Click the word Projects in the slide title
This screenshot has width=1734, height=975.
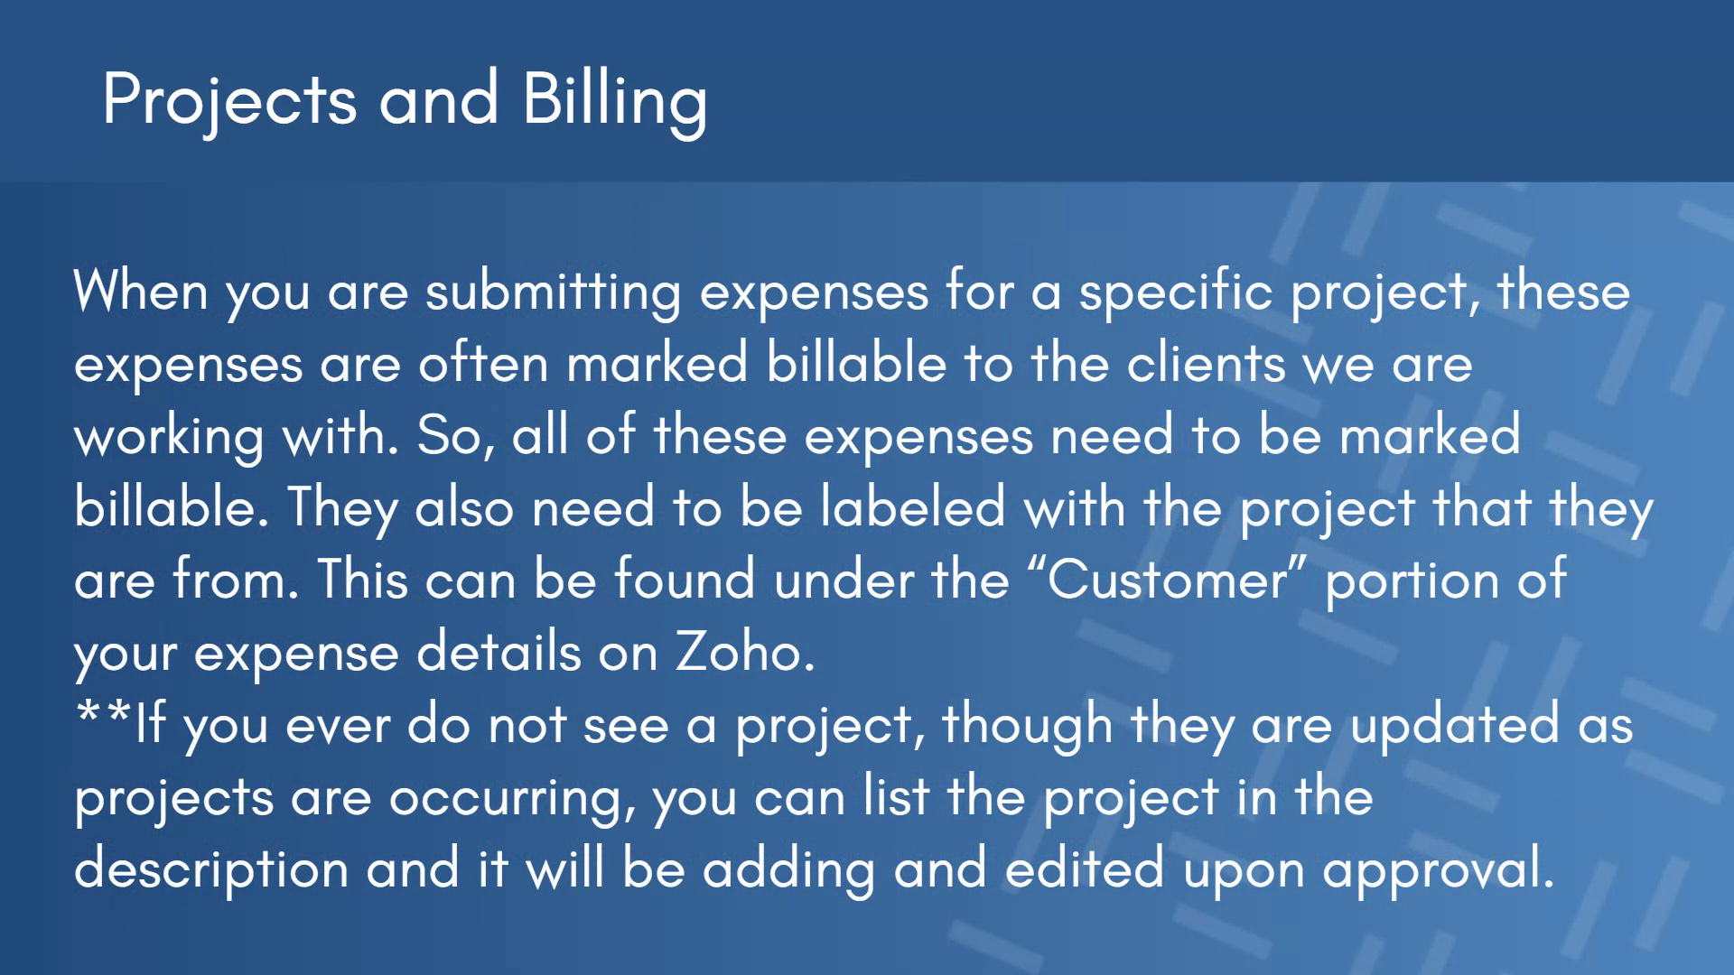tap(229, 101)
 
